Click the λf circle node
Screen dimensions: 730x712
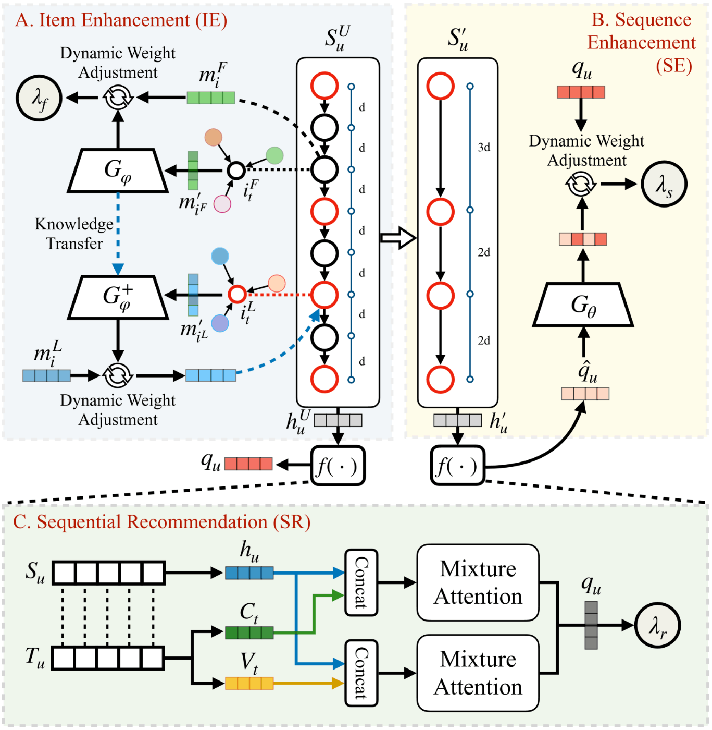(x=39, y=98)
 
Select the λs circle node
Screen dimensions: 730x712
(x=664, y=184)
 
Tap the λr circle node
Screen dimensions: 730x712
(x=658, y=625)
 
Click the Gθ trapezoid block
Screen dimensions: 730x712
(x=583, y=305)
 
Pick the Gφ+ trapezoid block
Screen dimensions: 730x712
(x=118, y=297)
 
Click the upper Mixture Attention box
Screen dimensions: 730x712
(x=478, y=582)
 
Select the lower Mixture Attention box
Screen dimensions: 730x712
(x=478, y=673)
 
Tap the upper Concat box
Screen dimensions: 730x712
(x=361, y=582)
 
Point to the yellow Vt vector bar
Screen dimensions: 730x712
(x=249, y=683)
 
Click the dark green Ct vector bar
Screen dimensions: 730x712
(x=249, y=633)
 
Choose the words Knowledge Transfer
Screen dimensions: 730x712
(x=74, y=234)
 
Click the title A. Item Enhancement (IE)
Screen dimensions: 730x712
(x=121, y=20)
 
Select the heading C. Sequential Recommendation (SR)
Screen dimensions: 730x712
(x=161, y=522)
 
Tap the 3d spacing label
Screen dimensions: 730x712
(x=484, y=148)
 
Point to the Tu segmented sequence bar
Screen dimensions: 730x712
(x=108, y=658)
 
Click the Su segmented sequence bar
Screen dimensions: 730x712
(x=108, y=573)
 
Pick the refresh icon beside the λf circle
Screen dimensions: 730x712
(x=118, y=98)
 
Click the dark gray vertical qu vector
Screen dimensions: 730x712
(x=591, y=625)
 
